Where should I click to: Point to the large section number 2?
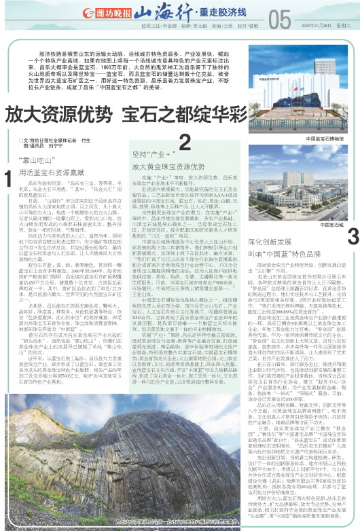click(x=184, y=142)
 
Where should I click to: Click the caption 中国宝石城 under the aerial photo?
click(x=332, y=224)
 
